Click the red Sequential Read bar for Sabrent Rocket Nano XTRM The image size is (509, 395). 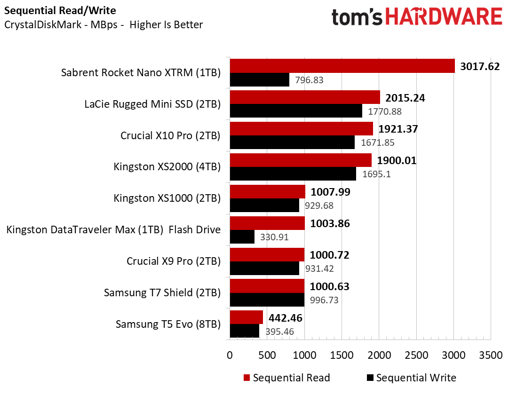coord(342,66)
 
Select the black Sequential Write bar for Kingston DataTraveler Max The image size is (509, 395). coord(242,237)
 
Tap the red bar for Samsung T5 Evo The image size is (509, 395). coord(246,317)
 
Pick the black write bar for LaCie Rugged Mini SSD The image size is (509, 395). coord(296,111)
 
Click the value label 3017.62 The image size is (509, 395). coord(480,66)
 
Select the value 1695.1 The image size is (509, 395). coord(376,174)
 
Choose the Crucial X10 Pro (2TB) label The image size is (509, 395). coord(170,135)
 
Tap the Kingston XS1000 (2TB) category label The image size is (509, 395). coord(167,198)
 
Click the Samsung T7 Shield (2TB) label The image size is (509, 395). coord(162,292)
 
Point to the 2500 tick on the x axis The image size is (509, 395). coord(416,355)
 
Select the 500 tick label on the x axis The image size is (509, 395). coord(267,355)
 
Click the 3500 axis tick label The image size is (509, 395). coord(491,355)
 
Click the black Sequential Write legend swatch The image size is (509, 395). coord(369,378)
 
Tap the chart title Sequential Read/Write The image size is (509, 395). coord(60,10)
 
